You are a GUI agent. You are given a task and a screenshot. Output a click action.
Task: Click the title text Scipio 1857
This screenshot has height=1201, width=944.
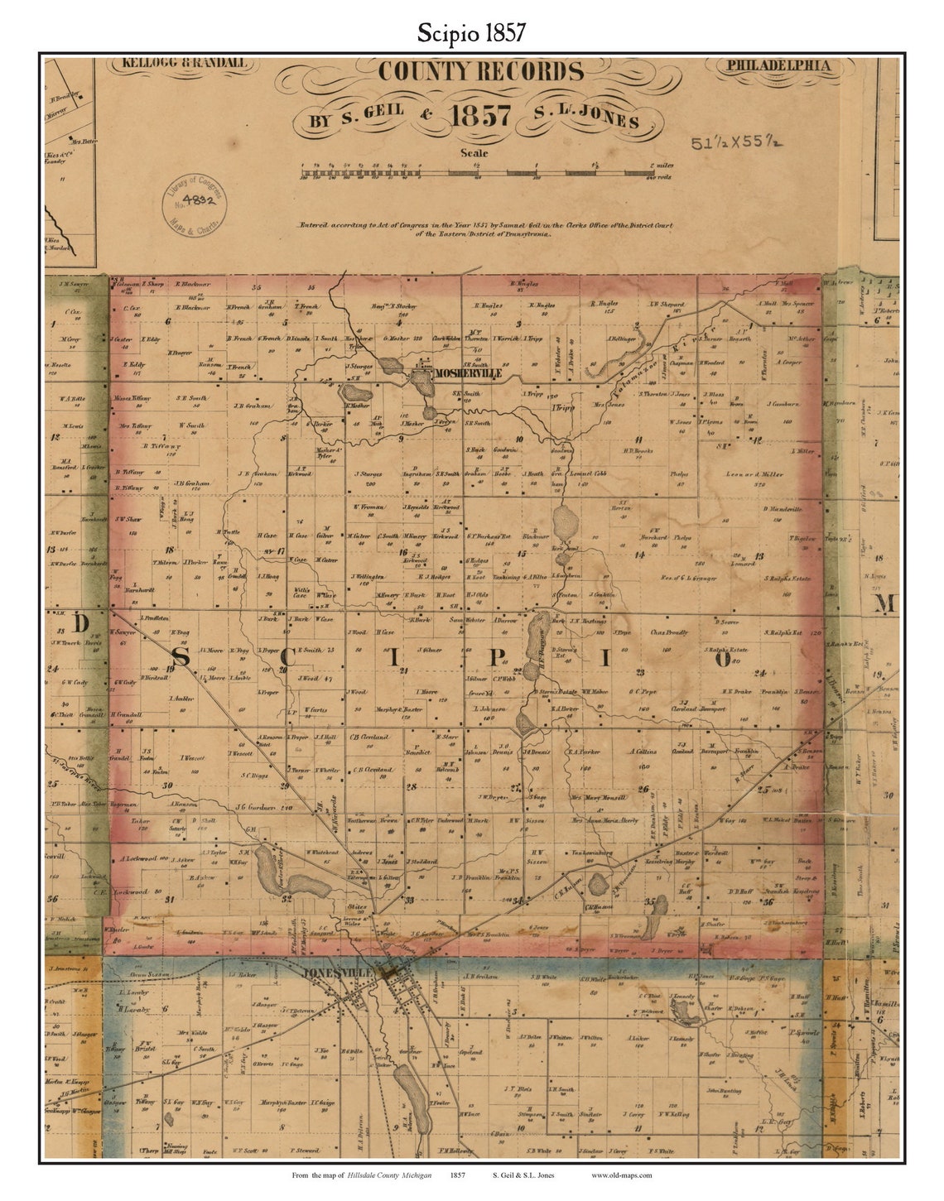point(470,32)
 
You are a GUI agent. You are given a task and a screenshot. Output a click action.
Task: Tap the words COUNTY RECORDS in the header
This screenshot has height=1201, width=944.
point(474,73)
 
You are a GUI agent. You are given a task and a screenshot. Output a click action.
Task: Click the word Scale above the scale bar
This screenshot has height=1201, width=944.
point(474,152)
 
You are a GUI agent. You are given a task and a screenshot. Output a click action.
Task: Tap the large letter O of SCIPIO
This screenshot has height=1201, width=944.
point(722,659)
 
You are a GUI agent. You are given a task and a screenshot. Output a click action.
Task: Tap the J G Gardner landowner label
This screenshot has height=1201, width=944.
point(253,807)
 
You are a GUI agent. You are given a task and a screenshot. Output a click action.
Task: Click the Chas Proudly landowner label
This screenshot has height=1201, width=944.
point(669,633)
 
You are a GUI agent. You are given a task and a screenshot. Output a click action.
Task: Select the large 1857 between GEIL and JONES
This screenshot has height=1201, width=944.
point(479,117)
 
